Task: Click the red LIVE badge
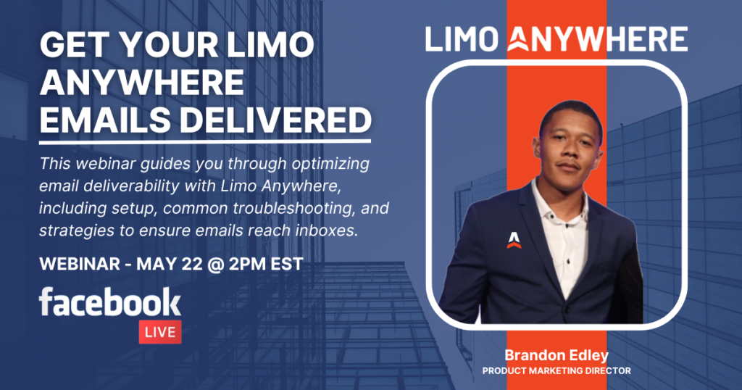pos(160,332)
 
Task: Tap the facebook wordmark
pos(110,302)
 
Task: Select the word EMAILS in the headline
pos(105,120)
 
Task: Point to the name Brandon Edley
pos(556,355)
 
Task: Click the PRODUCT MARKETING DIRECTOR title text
pos(556,371)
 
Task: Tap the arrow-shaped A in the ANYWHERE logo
pos(518,39)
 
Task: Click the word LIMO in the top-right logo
pos(462,39)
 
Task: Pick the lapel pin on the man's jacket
pos(514,241)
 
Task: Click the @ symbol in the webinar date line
pos(214,264)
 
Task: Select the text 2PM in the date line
pos(247,264)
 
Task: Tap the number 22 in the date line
pos(191,264)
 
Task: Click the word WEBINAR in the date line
pos(80,264)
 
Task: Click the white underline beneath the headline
pos(205,141)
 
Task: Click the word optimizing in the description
pos(330,164)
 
